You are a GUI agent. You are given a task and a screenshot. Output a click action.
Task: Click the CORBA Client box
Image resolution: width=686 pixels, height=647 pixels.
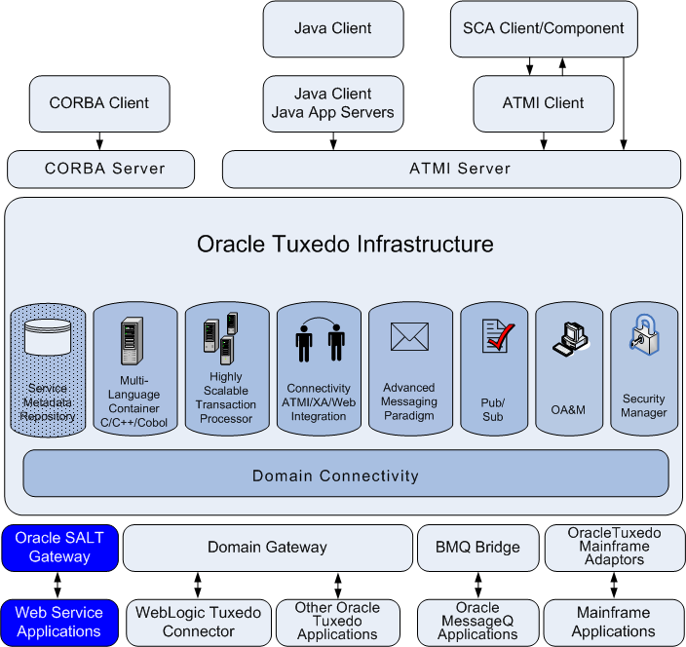click(x=100, y=102)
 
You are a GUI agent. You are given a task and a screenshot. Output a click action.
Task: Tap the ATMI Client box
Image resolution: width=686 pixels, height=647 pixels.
click(x=543, y=102)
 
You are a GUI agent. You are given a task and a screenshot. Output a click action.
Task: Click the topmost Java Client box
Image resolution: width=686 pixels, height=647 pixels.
click(x=332, y=28)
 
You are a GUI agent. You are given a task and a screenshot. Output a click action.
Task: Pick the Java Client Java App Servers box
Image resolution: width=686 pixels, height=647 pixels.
click(x=332, y=102)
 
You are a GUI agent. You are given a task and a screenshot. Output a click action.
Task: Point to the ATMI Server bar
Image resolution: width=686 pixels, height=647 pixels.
click(x=451, y=169)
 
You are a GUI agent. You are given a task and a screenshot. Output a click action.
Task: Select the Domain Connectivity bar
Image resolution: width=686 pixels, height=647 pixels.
click(x=346, y=475)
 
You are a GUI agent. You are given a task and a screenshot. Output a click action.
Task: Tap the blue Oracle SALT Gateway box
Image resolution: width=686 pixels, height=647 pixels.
click(x=58, y=548)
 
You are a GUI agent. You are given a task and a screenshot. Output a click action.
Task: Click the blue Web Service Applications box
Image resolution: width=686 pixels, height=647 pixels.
click(x=58, y=622)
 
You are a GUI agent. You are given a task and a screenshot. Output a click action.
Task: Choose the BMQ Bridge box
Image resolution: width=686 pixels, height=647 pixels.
click(x=477, y=548)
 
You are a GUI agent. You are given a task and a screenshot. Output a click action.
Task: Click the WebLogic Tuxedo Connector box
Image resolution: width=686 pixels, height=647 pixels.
click(x=198, y=622)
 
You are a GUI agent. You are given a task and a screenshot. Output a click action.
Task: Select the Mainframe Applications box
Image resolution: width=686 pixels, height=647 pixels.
click(x=613, y=622)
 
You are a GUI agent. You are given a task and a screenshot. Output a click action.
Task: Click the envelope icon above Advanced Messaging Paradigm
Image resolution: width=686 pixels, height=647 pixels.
click(x=409, y=336)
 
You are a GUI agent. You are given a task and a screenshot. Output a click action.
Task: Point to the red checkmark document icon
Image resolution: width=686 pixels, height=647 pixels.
click(x=497, y=336)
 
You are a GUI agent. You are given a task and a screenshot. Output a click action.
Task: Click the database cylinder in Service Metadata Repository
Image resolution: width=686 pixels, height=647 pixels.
click(x=49, y=337)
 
